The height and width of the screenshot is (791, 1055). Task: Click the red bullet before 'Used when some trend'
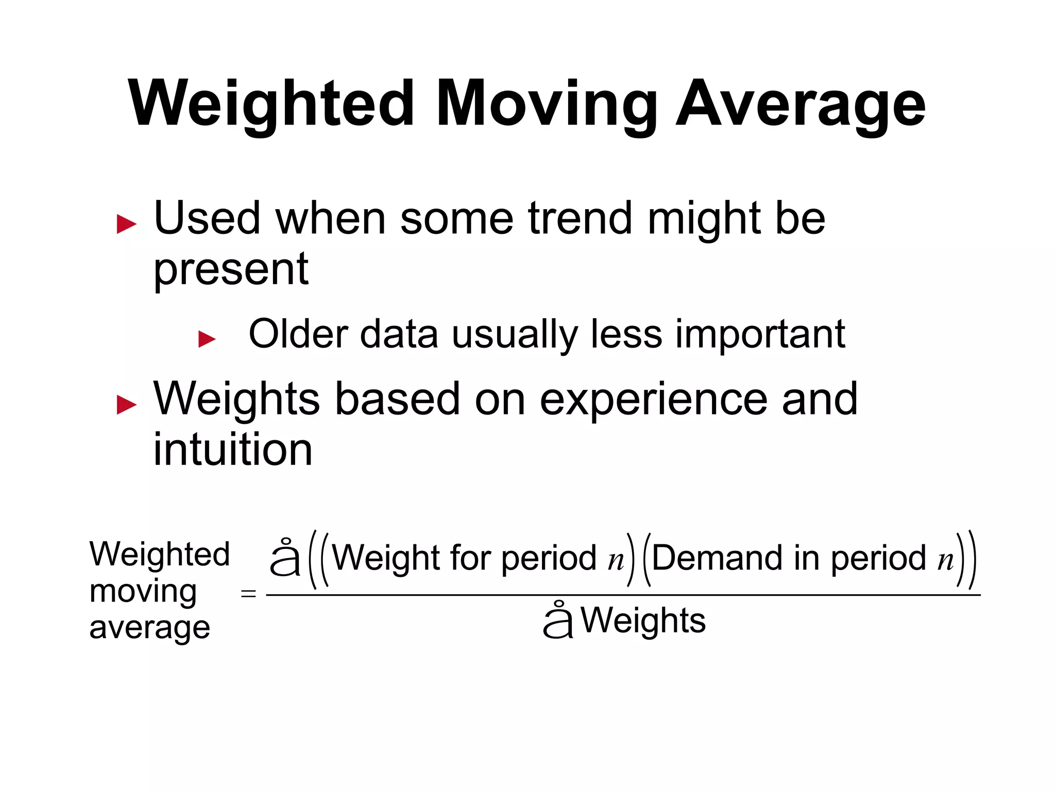pyautogui.click(x=127, y=224)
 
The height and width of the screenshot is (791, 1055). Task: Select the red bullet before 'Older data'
pyautogui.click(x=207, y=339)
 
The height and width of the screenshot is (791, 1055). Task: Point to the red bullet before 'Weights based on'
pyautogui.click(x=127, y=404)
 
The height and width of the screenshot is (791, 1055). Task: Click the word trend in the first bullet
pyautogui.click(x=580, y=218)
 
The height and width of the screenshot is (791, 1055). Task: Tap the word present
pyautogui.click(x=231, y=270)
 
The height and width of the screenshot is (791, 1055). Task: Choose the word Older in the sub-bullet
pyautogui.click(x=298, y=334)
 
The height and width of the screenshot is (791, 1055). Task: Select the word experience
pyautogui.click(x=653, y=400)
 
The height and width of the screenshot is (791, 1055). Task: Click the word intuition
pyautogui.click(x=233, y=449)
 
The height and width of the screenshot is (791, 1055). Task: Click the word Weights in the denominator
pyautogui.click(x=643, y=621)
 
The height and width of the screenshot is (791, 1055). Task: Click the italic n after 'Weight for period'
pyautogui.click(x=616, y=560)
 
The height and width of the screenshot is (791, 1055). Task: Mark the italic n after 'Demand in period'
pyautogui.click(x=945, y=560)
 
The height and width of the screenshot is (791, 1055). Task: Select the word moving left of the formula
pyautogui.click(x=143, y=592)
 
